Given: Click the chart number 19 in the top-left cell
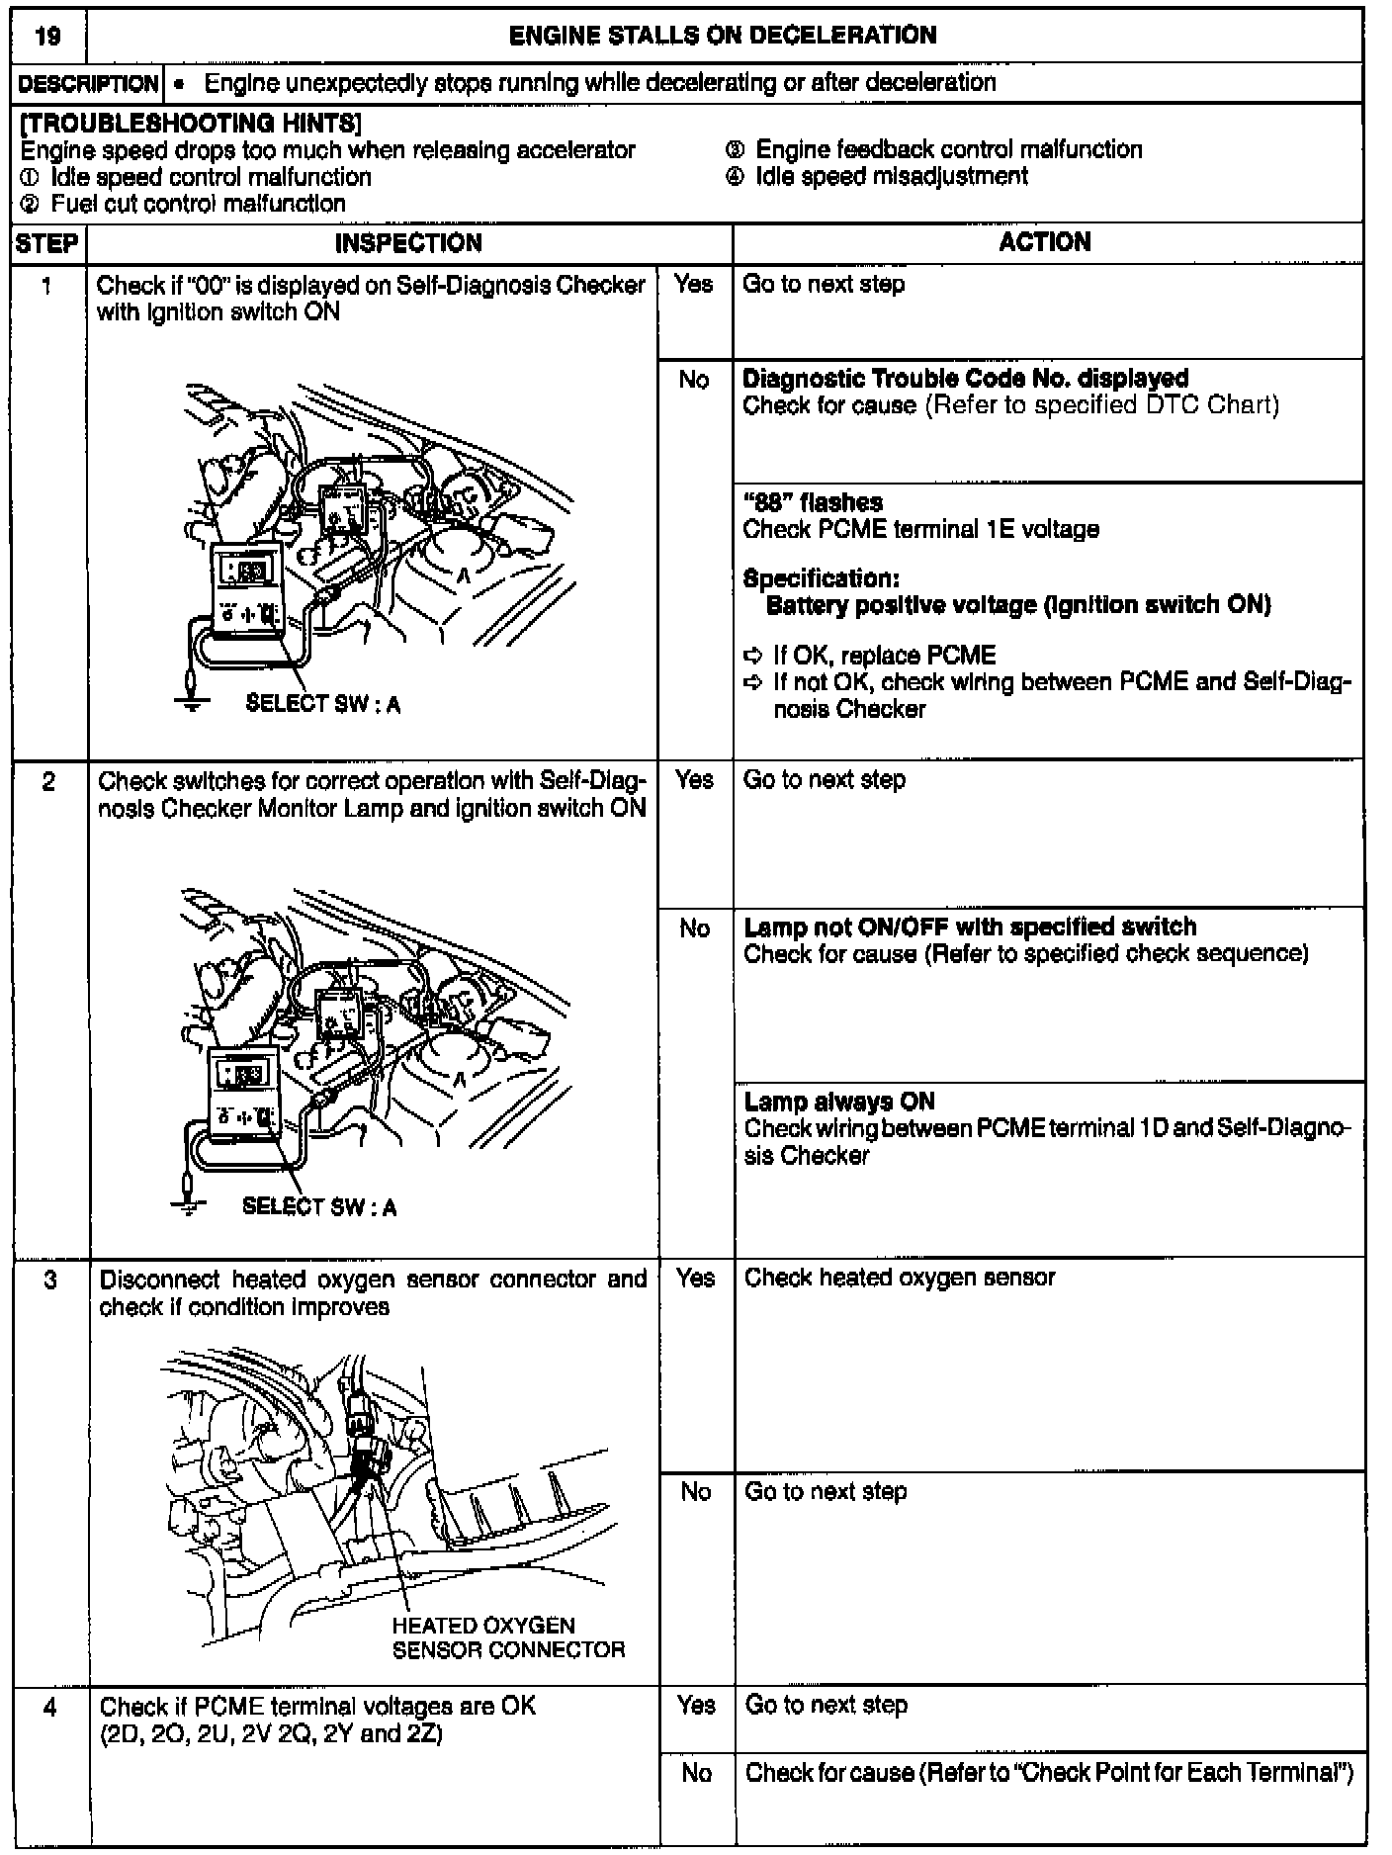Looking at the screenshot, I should point(46,37).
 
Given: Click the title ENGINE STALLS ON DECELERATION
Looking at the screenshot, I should point(723,36).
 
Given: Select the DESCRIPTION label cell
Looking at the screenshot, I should point(88,83).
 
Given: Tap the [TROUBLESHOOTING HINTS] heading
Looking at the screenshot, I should point(190,124).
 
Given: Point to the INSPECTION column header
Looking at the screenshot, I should point(408,243).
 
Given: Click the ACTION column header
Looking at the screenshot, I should point(1045,242).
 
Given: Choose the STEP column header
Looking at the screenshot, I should point(47,243).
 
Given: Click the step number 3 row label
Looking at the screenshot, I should point(49,1281).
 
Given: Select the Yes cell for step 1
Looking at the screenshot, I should point(694,285).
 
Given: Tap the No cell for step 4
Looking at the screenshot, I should point(696,1773).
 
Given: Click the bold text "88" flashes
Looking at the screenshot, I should point(813,502).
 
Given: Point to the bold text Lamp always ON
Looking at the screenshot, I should point(839,1102).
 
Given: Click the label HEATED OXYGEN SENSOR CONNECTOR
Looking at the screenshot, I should point(508,1637).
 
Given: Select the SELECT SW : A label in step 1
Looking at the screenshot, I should point(322,704).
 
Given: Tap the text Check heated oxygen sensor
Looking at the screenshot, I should point(900,1278).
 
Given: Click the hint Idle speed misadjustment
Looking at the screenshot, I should point(891,176).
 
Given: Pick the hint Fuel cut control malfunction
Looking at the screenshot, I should point(198,204).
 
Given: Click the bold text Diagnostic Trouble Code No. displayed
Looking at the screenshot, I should point(965,378).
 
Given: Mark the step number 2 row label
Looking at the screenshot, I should point(49,782).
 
